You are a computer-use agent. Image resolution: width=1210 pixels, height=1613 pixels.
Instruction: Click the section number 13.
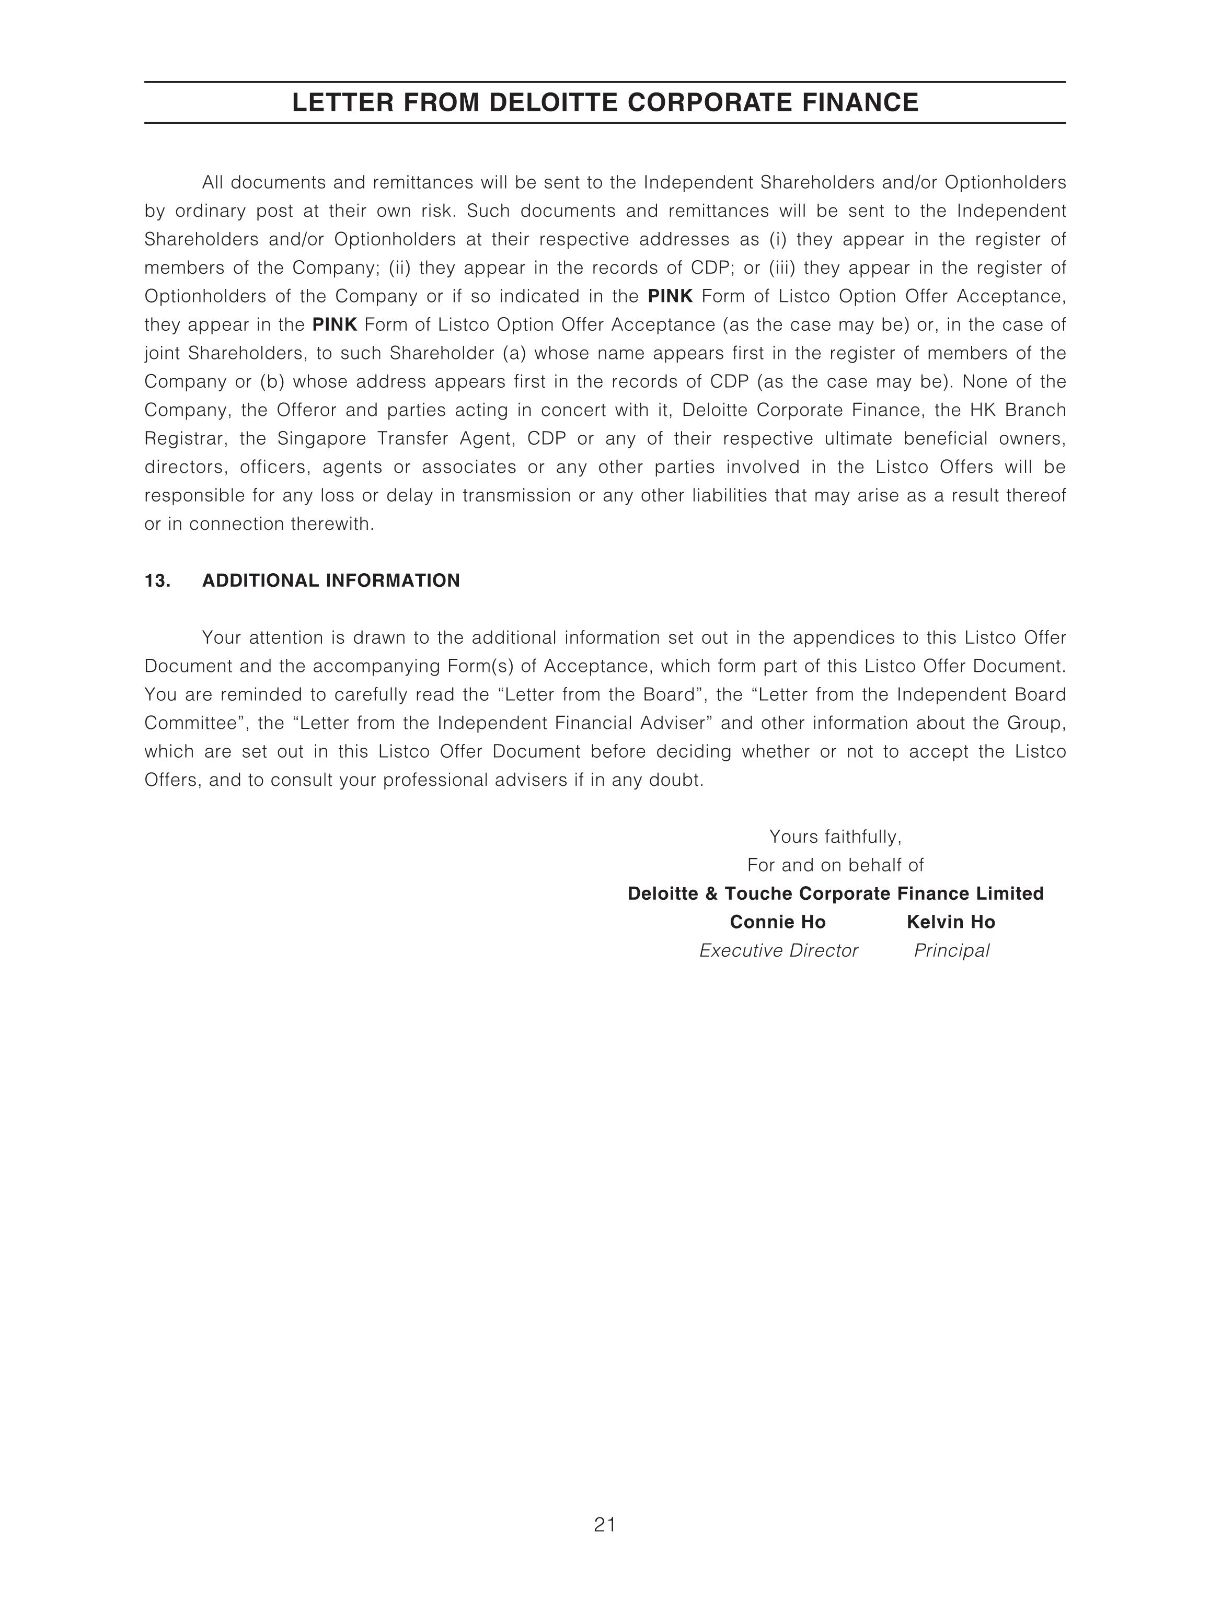(157, 581)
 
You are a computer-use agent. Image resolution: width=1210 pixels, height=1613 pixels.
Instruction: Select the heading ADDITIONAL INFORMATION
(331, 581)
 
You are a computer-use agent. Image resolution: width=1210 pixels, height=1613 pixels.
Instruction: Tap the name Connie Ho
(778, 922)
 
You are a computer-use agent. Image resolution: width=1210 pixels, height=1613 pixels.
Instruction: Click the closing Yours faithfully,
(835, 837)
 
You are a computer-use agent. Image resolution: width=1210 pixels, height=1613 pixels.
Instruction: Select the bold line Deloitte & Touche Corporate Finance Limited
(835, 894)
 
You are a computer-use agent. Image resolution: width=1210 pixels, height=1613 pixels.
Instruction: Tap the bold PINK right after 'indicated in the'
(670, 297)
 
